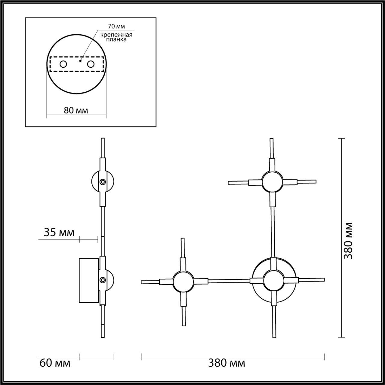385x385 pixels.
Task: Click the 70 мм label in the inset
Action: [116, 27]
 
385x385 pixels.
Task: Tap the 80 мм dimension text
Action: [76, 110]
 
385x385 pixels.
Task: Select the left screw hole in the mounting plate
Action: [63, 64]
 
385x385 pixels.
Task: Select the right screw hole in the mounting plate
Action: [91, 64]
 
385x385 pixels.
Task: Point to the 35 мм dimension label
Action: [59, 233]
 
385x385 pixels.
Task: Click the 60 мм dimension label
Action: [55, 363]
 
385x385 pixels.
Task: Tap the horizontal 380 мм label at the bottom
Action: [226, 363]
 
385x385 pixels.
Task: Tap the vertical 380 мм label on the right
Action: [348, 241]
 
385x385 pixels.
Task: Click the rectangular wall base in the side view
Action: [89, 280]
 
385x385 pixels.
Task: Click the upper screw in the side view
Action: [103, 182]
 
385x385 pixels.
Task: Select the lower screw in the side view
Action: [103, 280]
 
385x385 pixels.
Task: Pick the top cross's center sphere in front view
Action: [272, 182]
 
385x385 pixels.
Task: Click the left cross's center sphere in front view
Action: [183, 282]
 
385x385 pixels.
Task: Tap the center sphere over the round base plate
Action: [273, 280]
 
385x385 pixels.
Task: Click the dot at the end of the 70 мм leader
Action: [80, 60]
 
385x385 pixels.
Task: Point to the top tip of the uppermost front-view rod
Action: [272, 139]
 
